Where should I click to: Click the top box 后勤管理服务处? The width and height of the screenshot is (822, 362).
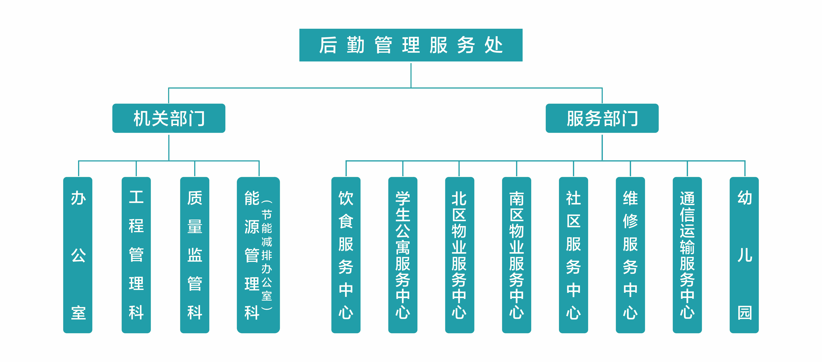(x=411, y=45)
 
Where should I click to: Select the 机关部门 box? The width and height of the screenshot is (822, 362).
(x=169, y=118)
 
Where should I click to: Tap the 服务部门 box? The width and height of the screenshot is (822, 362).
(x=602, y=118)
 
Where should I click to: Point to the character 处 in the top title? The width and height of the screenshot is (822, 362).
(x=494, y=45)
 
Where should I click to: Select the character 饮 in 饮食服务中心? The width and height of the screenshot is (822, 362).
(x=346, y=198)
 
